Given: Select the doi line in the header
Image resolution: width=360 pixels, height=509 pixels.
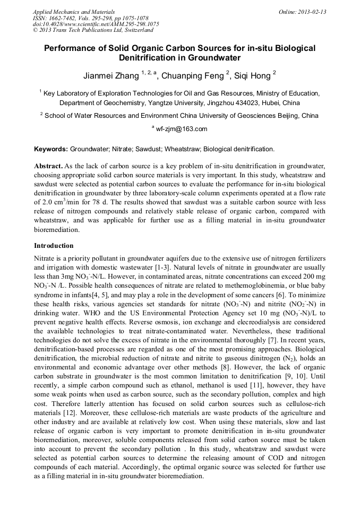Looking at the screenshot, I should pyautogui.click(x=96, y=24).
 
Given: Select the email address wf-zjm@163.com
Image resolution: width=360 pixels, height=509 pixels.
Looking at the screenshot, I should pyautogui.click(x=182, y=129).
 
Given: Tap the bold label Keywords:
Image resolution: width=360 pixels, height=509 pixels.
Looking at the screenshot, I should pyautogui.click(x=51, y=149).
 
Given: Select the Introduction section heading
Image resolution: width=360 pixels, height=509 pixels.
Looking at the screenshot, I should pyautogui.click(x=54, y=246).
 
